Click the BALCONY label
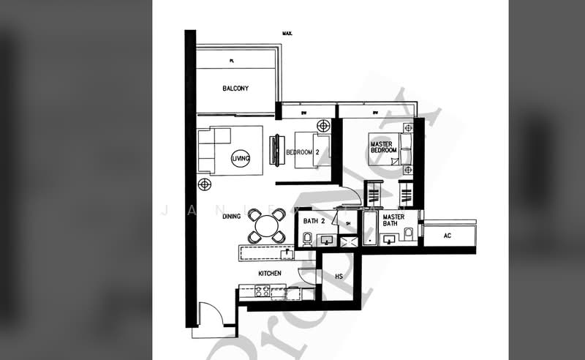tap(235, 89)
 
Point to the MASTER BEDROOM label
tap(383, 147)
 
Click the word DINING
tap(233, 217)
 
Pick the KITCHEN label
tap(270, 273)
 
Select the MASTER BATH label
tap(393, 220)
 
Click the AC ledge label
tap(448, 236)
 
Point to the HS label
tap(339, 277)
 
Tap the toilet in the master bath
tap(409, 233)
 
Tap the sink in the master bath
tap(388, 239)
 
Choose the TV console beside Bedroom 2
tap(275, 151)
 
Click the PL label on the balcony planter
tap(230, 61)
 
